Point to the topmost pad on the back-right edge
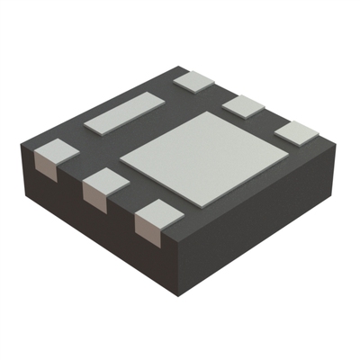[x=195, y=80]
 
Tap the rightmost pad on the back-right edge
[x=297, y=132]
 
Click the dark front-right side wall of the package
[x=261, y=225]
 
